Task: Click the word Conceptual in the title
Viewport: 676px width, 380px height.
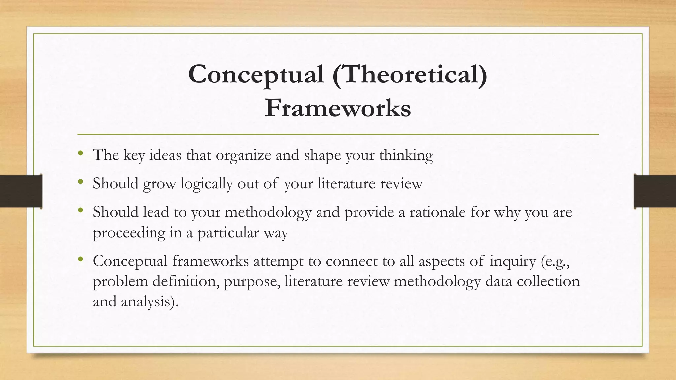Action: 256,75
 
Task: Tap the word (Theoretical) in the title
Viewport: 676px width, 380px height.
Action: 410,75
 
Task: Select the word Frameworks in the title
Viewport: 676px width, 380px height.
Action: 338,108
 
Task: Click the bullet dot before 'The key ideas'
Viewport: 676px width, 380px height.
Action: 80,153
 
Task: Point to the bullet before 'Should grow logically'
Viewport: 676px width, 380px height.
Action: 80,182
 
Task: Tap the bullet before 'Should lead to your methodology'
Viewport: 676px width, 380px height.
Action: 80,210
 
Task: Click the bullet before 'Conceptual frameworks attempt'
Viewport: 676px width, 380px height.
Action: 80,259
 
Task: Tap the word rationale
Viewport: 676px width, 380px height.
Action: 438,212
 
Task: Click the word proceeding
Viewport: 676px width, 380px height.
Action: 129,233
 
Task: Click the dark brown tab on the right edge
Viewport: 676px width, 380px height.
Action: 655,191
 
